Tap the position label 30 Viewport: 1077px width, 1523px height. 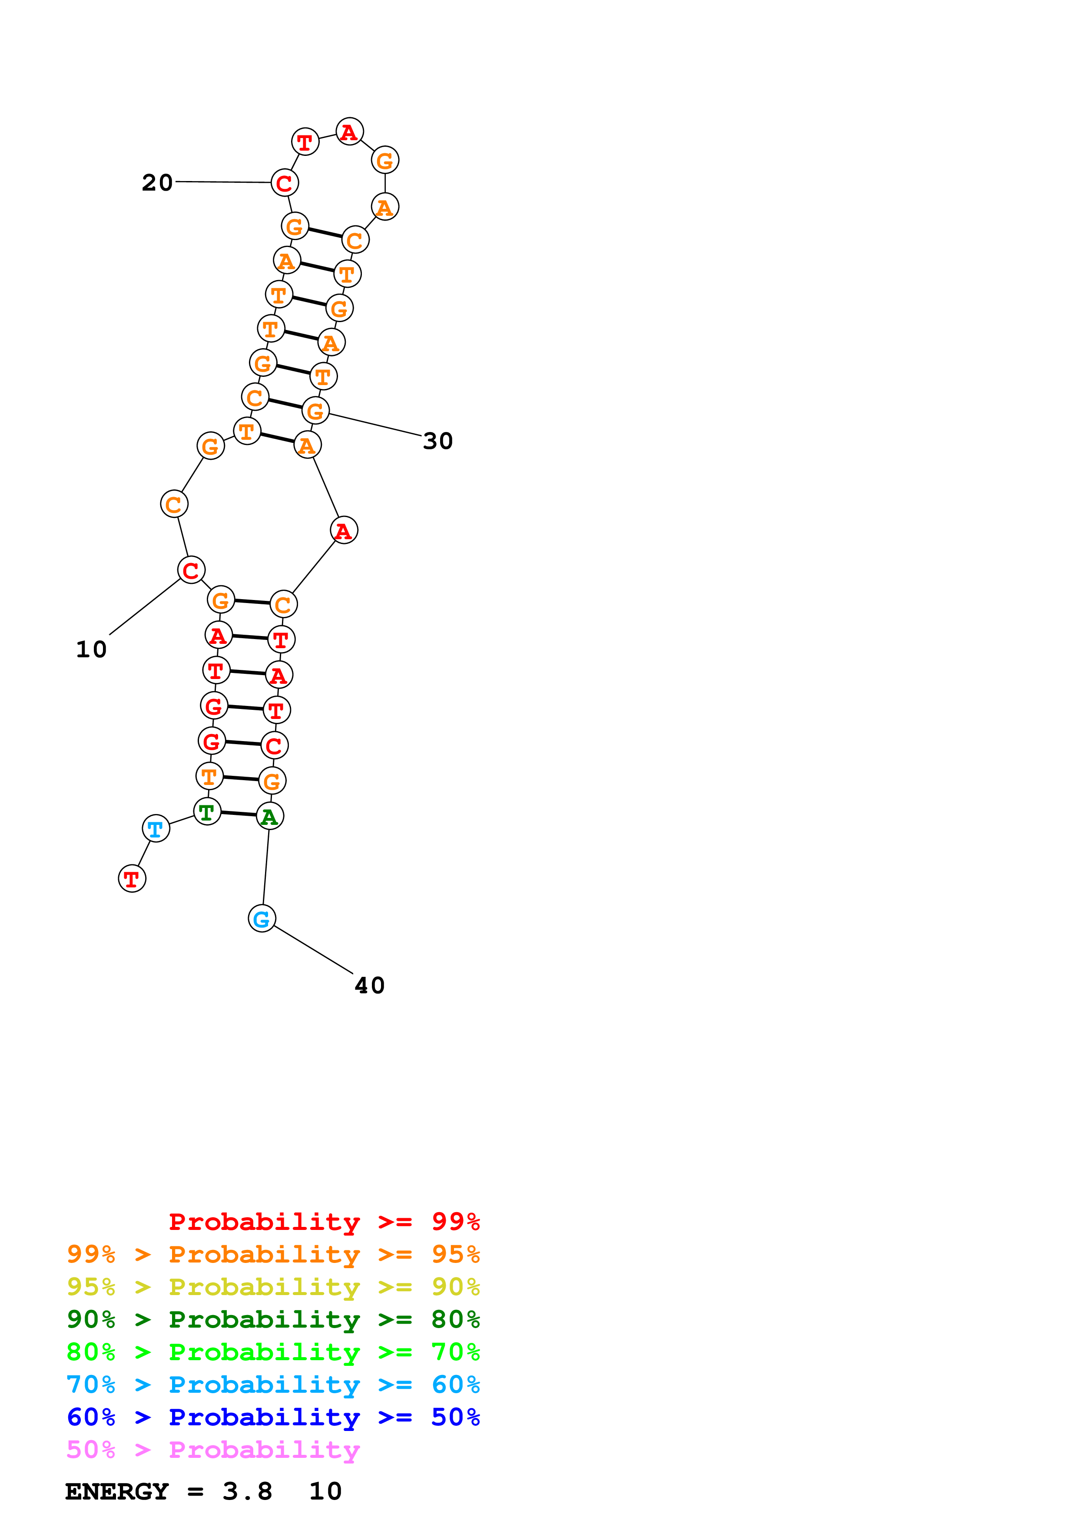[x=438, y=441]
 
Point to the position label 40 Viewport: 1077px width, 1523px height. [x=370, y=986]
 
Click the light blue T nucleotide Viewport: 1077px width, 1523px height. [x=156, y=828]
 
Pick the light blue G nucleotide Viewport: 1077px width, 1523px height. [x=262, y=919]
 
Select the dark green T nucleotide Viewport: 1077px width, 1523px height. [x=207, y=811]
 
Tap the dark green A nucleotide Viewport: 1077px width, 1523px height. [x=269, y=817]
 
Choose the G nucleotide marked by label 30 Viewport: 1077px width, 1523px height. [x=316, y=411]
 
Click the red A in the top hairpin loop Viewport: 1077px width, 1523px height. [x=349, y=132]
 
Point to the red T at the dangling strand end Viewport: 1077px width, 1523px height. [x=132, y=879]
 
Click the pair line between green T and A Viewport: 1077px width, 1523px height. [x=238, y=814]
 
